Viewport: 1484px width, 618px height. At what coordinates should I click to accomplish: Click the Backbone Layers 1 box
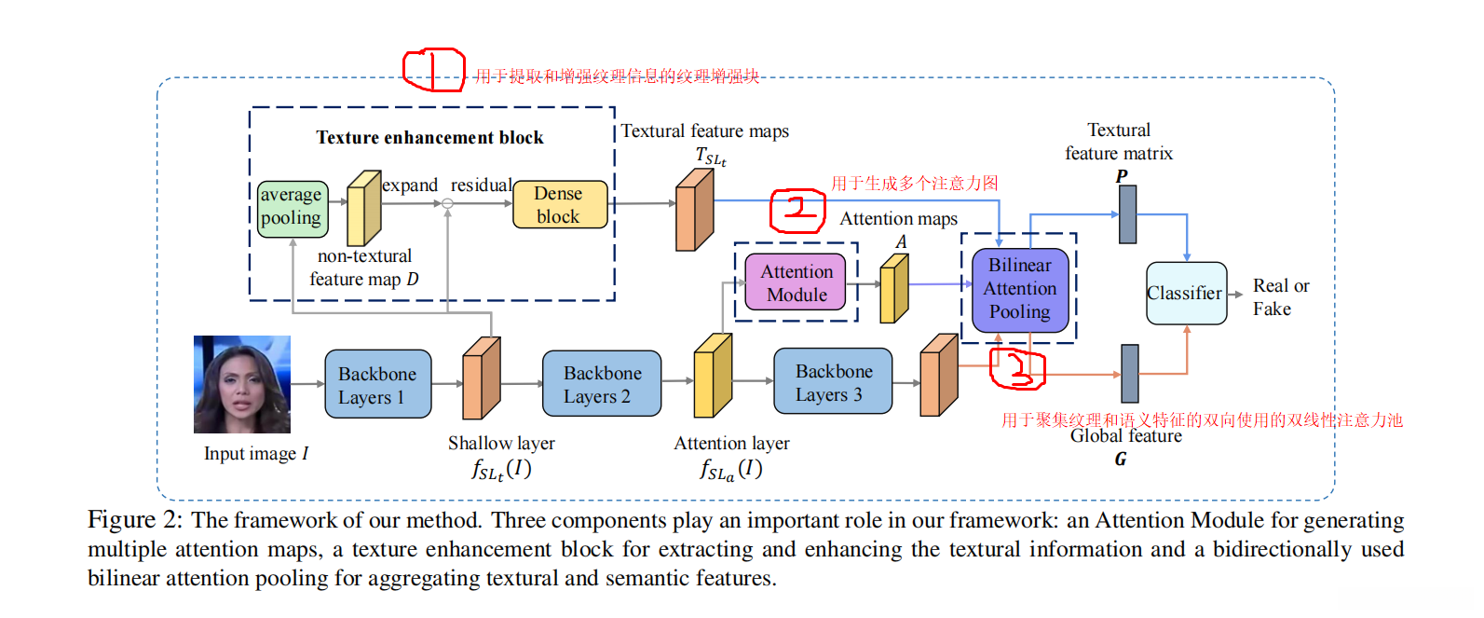(x=377, y=384)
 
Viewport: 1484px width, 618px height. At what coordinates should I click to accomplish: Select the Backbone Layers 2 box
(x=602, y=384)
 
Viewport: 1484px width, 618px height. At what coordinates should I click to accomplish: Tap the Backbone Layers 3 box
(x=833, y=382)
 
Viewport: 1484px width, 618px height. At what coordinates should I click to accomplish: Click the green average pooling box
(x=293, y=208)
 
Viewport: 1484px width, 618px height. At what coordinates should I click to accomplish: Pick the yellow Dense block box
(x=559, y=205)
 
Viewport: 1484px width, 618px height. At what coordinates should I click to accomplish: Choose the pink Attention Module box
(x=796, y=282)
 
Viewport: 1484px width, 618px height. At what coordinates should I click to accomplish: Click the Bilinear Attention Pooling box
(x=1019, y=289)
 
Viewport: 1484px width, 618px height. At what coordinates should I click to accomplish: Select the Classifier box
(x=1185, y=294)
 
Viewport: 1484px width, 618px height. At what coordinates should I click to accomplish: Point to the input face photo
(x=242, y=384)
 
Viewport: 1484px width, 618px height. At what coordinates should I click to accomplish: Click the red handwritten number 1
(x=433, y=71)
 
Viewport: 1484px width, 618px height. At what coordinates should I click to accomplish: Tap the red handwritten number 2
(x=797, y=210)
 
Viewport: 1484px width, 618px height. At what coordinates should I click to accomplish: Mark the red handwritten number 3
(x=1016, y=368)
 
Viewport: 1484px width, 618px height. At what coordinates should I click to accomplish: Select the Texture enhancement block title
(x=429, y=138)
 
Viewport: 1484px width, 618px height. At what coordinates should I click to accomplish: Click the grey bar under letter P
(x=1127, y=214)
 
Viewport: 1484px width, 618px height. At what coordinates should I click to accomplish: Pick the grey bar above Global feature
(x=1129, y=373)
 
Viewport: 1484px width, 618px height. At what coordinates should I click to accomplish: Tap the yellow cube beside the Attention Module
(x=893, y=289)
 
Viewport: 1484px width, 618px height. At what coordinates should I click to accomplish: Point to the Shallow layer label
(x=501, y=444)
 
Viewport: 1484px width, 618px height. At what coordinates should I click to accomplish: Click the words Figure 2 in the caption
(x=134, y=520)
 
